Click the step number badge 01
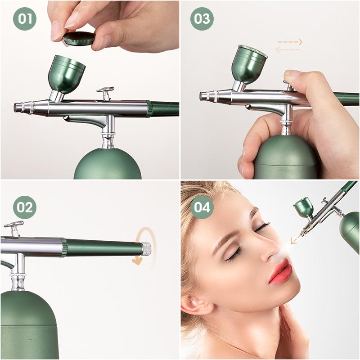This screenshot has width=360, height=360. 25,18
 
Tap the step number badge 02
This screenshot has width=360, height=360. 25,207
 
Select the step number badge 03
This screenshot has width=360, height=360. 202,18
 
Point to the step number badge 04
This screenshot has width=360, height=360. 202,207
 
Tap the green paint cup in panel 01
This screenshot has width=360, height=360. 67,74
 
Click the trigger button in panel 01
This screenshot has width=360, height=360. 105,93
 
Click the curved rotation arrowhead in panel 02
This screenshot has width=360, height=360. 137,261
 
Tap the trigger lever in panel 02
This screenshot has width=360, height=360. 14,228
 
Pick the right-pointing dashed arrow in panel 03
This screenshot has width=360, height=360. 290,42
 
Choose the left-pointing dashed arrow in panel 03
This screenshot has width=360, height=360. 288,49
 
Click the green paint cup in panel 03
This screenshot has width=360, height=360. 249,64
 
